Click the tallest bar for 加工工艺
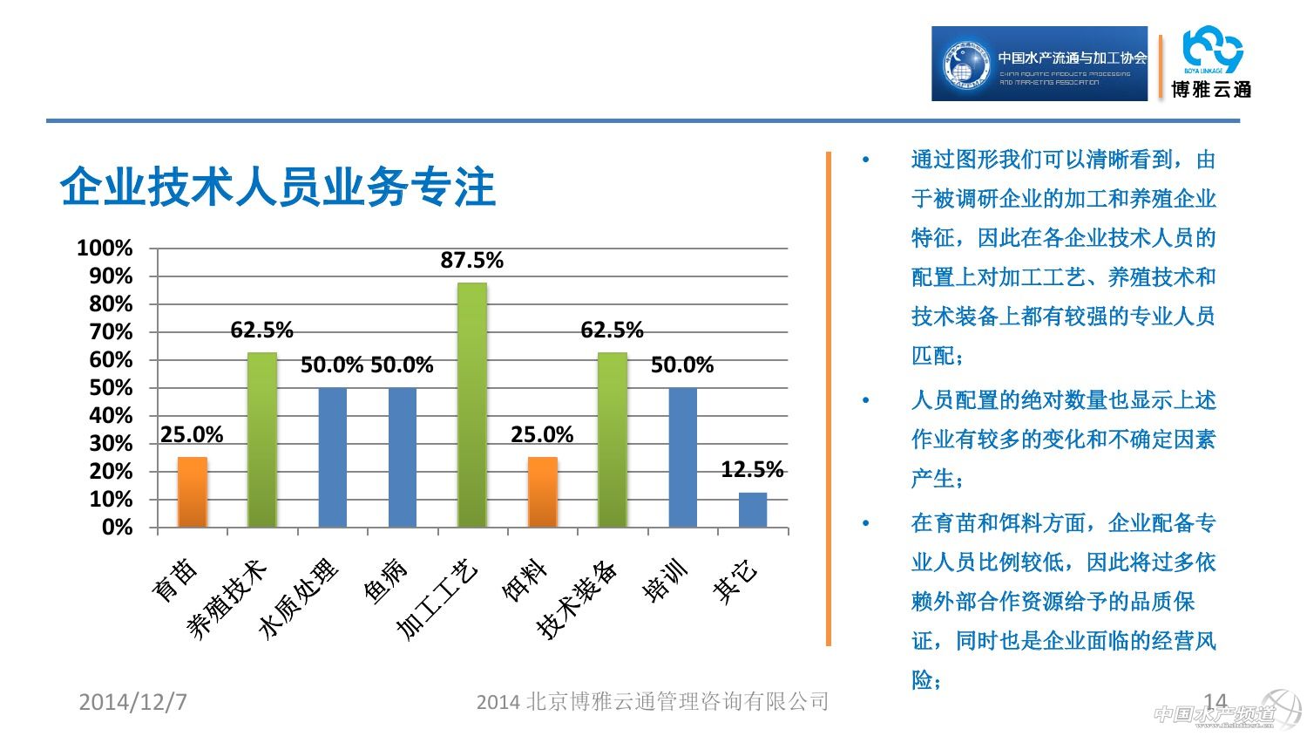pos(472,405)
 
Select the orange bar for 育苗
pos(193,492)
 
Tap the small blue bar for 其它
pos(753,510)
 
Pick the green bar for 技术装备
pos(613,440)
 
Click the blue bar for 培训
pos(682,457)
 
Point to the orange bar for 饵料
pos(542,492)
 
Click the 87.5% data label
pos(472,260)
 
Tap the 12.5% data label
pos(752,470)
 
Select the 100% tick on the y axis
pos(105,249)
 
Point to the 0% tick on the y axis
pos(117,528)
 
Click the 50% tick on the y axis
pos(111,388)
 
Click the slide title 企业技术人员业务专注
pos(278,187)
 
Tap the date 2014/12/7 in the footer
pos(132,702)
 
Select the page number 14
pos(1215,700)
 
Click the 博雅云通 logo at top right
pos(1211,64)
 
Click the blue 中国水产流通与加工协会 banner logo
pos(1040,64)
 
